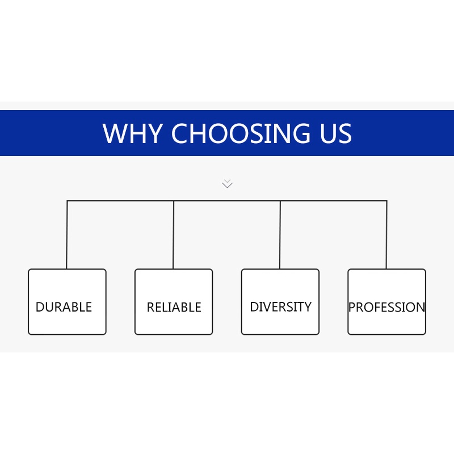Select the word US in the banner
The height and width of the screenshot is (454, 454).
pos(332,133)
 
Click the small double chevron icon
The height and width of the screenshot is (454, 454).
pos(227,183)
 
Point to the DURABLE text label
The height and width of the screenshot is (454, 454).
pos(64,307)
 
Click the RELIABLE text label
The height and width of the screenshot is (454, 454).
pos(174,308)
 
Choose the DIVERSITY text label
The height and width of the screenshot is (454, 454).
pos(280,307)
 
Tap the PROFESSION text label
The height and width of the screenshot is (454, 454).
pos(386,308)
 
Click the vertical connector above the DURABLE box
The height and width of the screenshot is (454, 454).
pos(67,235)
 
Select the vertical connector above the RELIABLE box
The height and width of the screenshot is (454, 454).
pos(174,235)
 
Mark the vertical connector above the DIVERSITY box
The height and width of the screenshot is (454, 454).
pos(280,235)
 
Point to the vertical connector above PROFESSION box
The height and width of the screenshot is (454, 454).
pos(386,235)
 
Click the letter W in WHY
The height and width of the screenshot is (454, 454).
pos(115,133)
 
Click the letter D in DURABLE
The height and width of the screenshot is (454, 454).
pos(40,307)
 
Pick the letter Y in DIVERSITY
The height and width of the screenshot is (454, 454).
pos(308,307)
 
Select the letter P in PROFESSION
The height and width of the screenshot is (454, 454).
pos(352,308)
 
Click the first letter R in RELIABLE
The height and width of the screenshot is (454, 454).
pos(151,308)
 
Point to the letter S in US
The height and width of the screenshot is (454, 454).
pos(344,133)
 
